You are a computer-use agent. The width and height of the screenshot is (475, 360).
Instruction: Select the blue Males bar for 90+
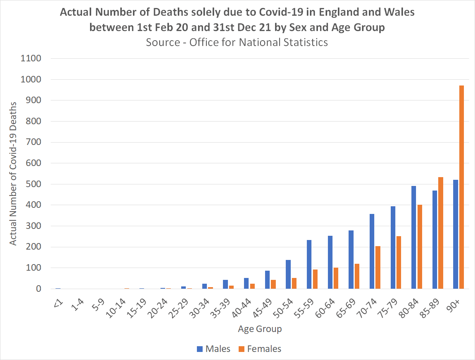click(x=455, y=234)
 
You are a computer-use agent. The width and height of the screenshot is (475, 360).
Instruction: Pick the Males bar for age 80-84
click(x=413, y=237)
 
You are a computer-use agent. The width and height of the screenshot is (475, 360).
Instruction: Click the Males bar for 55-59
click(x=309, y=265)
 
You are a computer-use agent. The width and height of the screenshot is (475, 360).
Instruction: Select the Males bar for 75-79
click(x=393, y=247)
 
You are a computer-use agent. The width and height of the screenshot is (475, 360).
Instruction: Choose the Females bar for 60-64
click(x=336, y=278)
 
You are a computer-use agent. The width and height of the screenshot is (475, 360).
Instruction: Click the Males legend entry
click(x=213, y=349)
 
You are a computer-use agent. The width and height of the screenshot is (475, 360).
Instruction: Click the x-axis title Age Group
click(x=260, y=329)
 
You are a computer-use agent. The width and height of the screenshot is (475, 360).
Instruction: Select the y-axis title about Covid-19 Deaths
click(x=13, y=173)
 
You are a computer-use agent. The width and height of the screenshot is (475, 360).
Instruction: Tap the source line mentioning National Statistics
click(x=237, y=42)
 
